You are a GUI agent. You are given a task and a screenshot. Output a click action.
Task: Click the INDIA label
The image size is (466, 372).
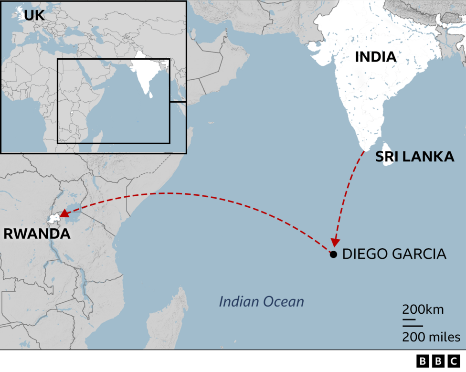pos(375,57)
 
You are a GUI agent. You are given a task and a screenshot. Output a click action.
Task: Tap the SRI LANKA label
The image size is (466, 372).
pos(414,156)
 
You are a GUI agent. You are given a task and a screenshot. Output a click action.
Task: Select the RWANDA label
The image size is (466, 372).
pos(37,234)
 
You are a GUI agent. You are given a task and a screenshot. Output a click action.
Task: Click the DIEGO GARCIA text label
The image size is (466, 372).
pos(394,254)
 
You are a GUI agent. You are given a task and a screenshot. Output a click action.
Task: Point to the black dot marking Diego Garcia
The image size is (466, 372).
pos(333,254)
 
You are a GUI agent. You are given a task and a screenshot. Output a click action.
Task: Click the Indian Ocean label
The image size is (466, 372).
pos(261,302)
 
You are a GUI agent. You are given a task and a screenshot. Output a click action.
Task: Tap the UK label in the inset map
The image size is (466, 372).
pos(34,15)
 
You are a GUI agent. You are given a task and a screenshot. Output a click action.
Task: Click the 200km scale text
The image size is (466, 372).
pos(423,309)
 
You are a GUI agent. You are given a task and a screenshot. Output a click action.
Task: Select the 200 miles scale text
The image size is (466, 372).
pos(431,337)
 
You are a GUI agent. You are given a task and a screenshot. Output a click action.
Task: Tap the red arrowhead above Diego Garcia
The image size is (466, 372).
pos(335,242)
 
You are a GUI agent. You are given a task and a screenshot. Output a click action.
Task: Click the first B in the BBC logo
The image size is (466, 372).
pos(423,361)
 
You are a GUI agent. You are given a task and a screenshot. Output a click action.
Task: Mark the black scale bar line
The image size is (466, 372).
pos(409,319)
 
